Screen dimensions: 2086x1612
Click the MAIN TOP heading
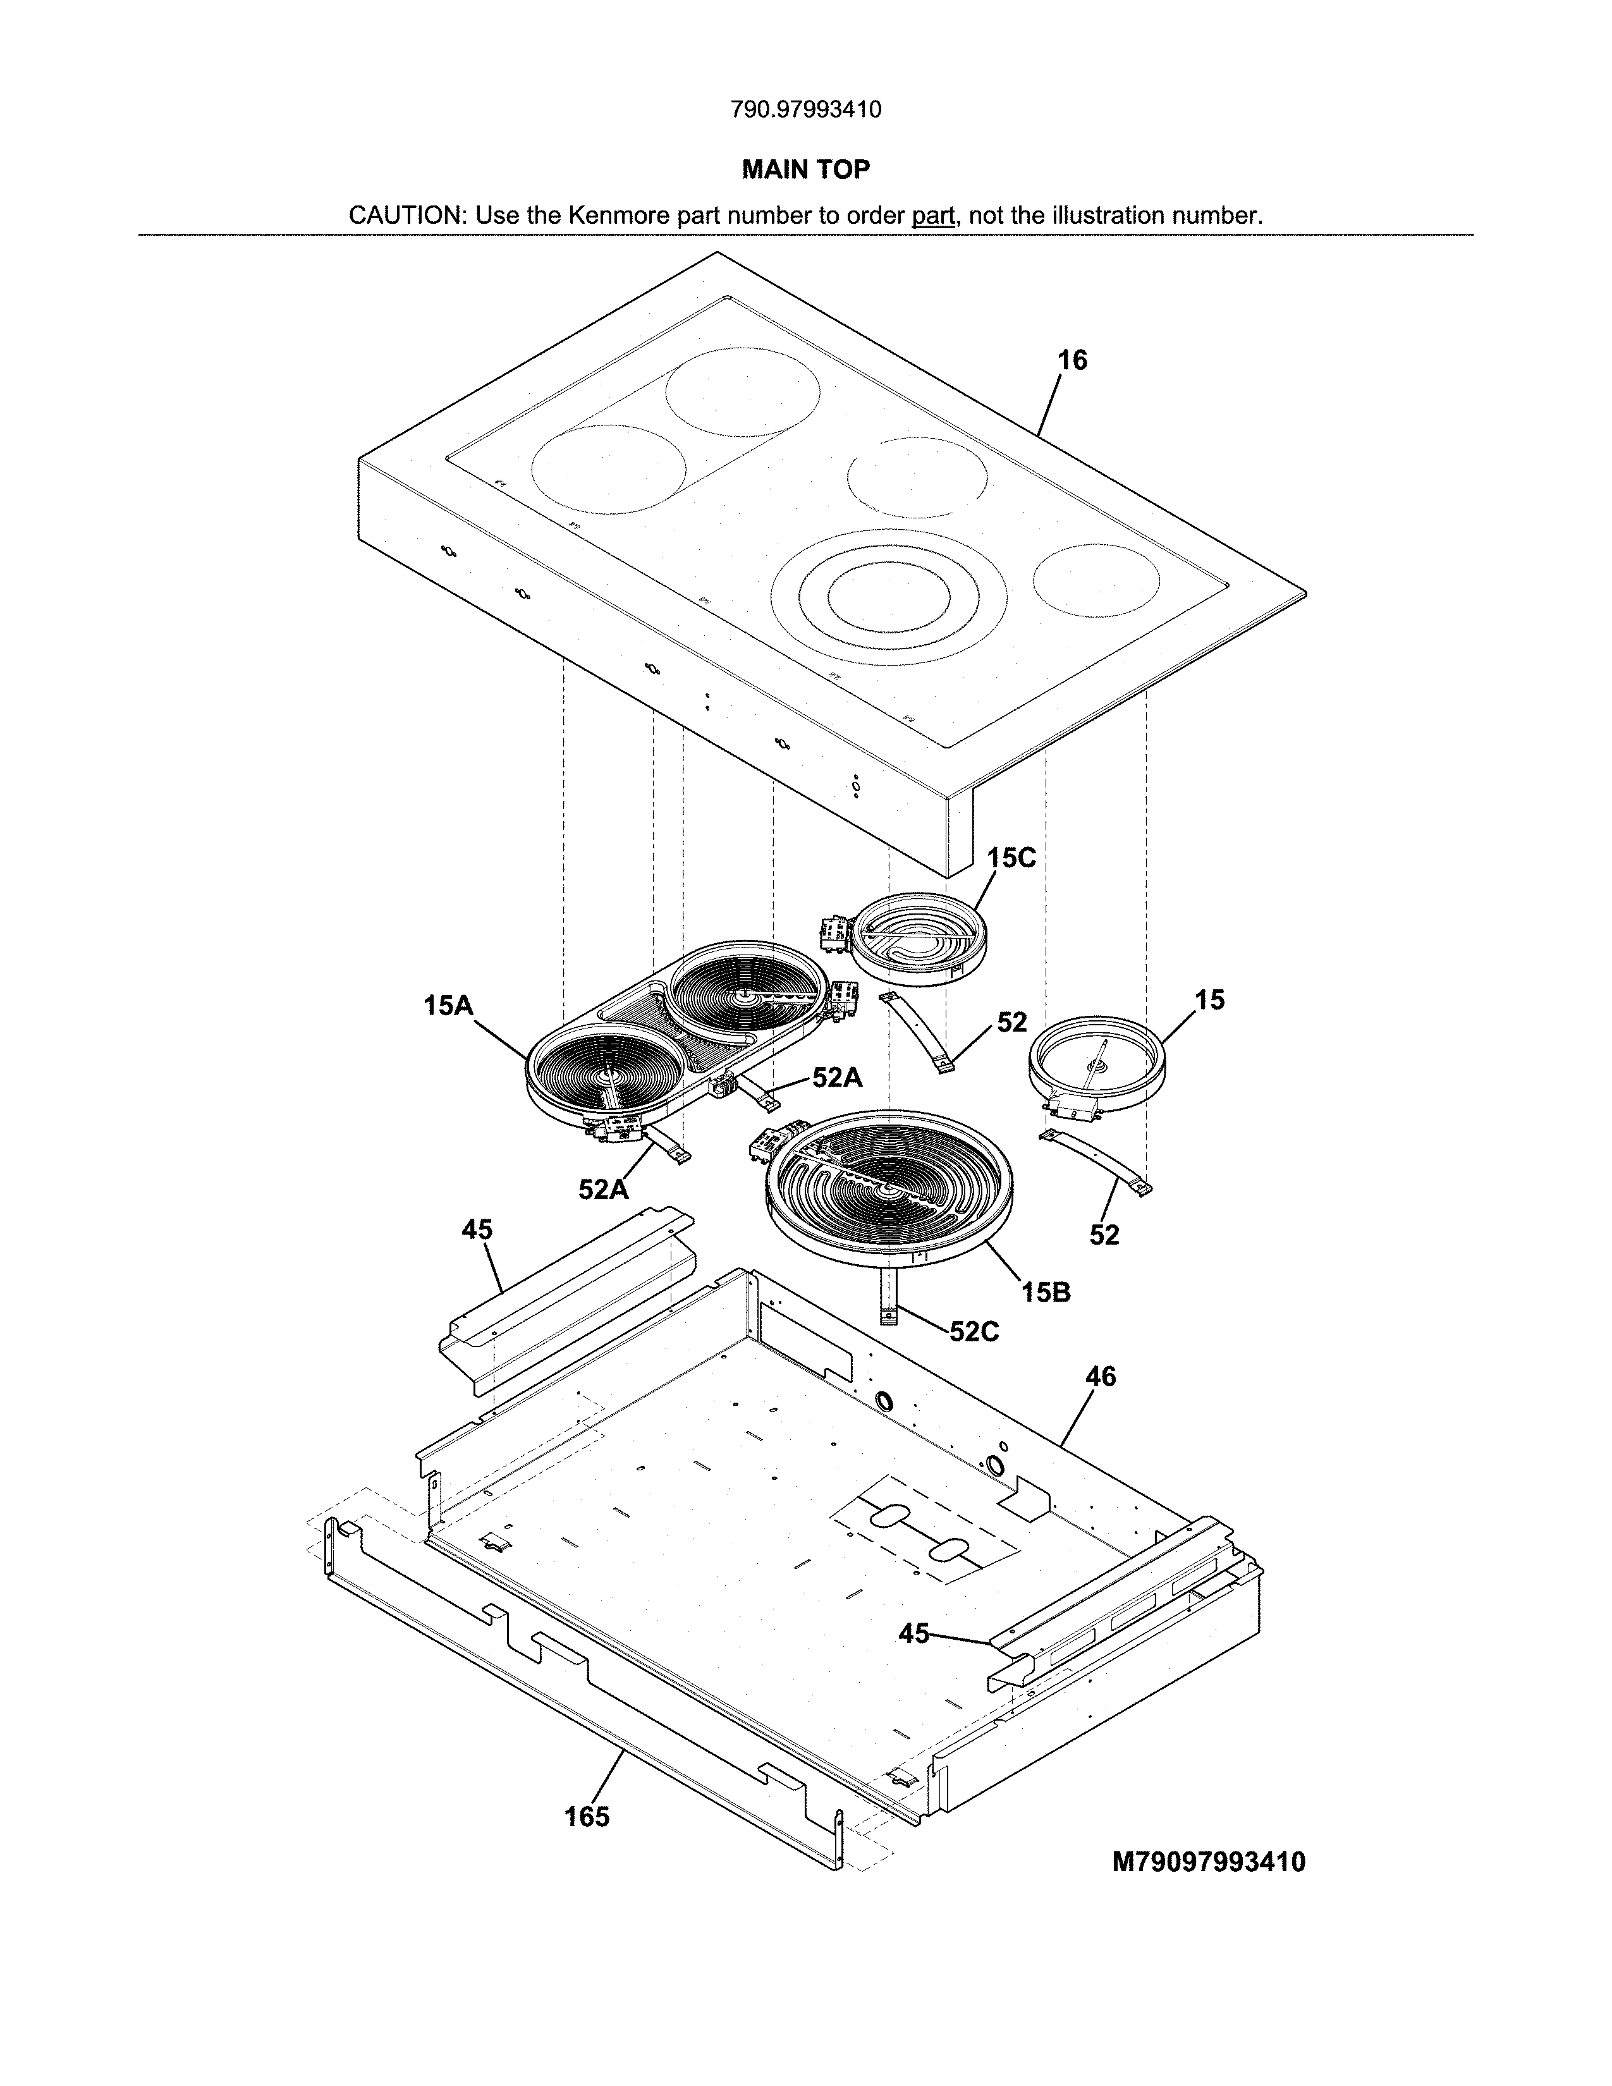(x=806, y=170)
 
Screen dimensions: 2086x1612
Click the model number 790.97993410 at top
(x=806, y=110)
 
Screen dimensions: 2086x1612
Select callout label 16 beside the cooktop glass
(x=1072, y=360)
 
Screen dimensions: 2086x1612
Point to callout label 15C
(x=1011, y=858)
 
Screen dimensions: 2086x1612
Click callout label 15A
(x=449, y=1005)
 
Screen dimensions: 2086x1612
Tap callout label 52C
(x=974, y=1331)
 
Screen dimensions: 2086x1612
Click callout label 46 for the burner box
(x=1100, y=1376)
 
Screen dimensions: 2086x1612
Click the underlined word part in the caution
(x=933, y=216)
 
